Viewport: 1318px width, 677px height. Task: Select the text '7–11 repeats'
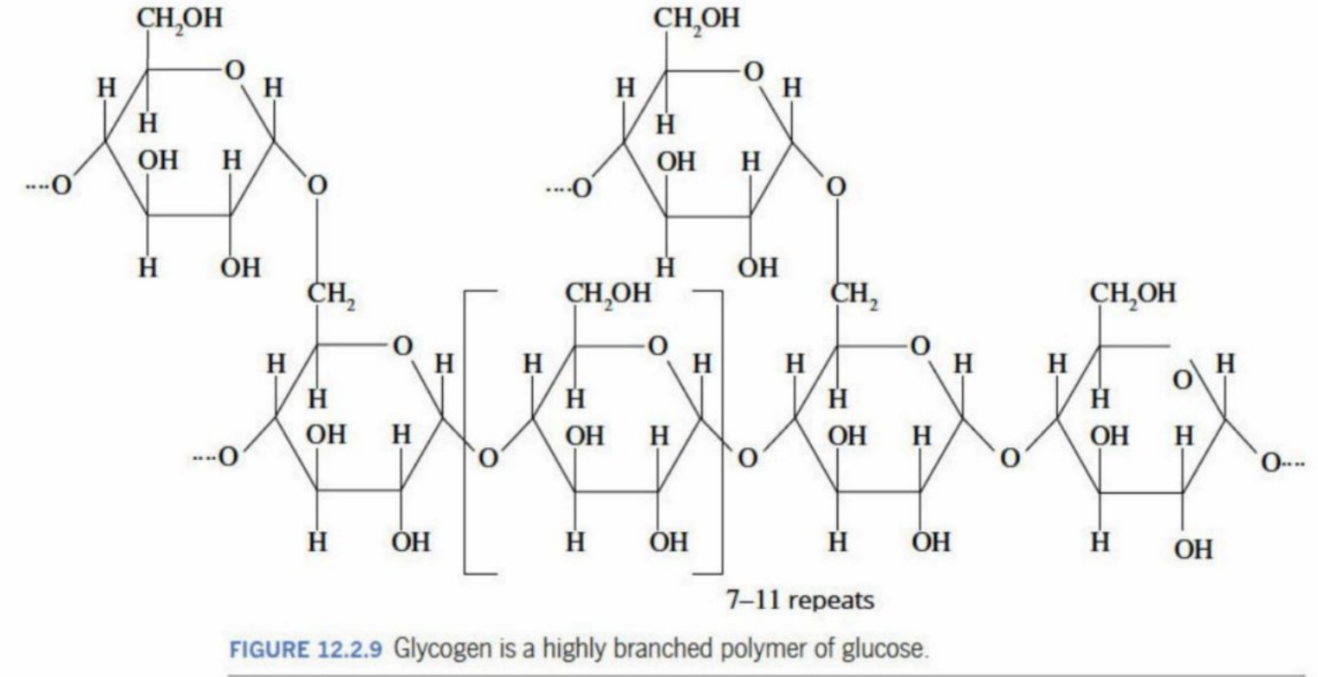(800, 600)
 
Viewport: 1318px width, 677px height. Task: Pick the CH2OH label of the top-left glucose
(180, 19)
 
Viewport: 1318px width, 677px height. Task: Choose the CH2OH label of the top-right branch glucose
(697, 19)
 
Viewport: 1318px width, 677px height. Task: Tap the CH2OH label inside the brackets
(609, 294)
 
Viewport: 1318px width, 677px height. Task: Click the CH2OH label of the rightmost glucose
(1133, 294)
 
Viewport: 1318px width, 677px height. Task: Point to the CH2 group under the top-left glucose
(332, 294)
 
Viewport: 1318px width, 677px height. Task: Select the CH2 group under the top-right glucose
(854, 294)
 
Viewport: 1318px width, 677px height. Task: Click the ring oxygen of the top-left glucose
(234, 71)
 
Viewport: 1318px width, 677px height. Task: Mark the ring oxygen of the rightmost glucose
(1182, 381)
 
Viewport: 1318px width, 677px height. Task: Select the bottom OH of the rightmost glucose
(1194, 550)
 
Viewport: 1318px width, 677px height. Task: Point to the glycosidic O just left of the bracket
(488, 458)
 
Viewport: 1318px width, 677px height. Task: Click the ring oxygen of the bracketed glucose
(657, 346)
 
